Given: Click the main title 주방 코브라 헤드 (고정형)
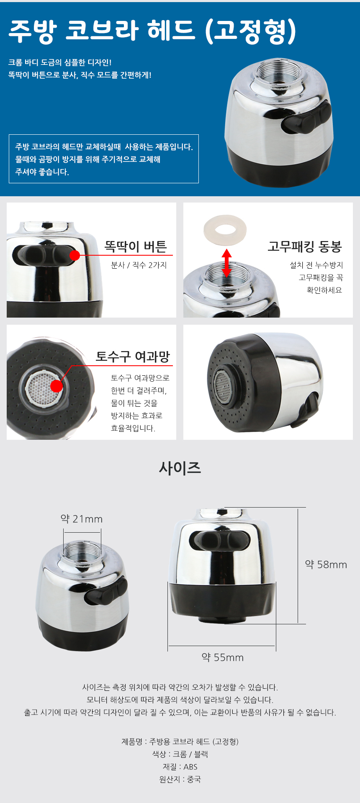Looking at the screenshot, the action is [152, 31].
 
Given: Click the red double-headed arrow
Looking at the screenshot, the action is [226, 263].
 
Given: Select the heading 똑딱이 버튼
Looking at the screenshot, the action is [136, 246].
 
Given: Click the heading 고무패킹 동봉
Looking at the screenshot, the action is [305, 246].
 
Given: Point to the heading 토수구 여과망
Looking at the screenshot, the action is [133, 357].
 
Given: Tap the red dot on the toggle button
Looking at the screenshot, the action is [75, 255].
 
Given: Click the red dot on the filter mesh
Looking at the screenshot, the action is [57, 386].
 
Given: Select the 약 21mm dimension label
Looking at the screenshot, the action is [82, 519].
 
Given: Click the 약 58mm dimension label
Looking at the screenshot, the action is [326, 564].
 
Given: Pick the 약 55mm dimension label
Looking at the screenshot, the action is [223, 657].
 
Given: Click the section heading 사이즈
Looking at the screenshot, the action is [180, 468].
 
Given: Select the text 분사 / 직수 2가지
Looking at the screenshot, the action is [139, 265].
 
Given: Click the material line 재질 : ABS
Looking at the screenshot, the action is [180, 767].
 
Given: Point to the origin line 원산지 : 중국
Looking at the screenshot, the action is [180, 779].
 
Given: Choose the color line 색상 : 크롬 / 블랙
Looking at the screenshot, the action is [180, 754].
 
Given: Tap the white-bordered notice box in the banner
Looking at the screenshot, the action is [104, 159].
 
